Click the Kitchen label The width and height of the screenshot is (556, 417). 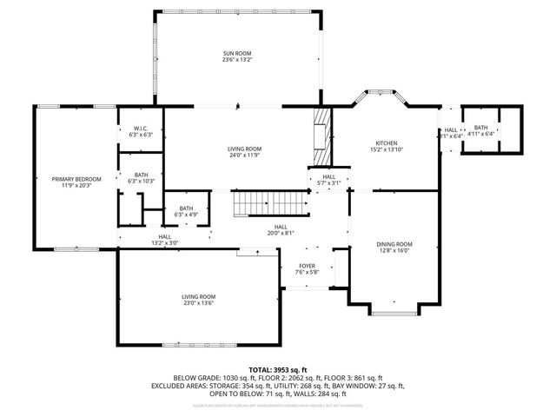(x=386, y=143)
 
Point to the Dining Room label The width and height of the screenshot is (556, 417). (x=394, y=244)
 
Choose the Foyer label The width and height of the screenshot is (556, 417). (x=308, y=266)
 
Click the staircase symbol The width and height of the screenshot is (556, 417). (x=270, y=205)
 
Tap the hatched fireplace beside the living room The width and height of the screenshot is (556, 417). (x=322, y=136)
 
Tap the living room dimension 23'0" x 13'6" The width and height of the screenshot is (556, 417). (x=198, y=303)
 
